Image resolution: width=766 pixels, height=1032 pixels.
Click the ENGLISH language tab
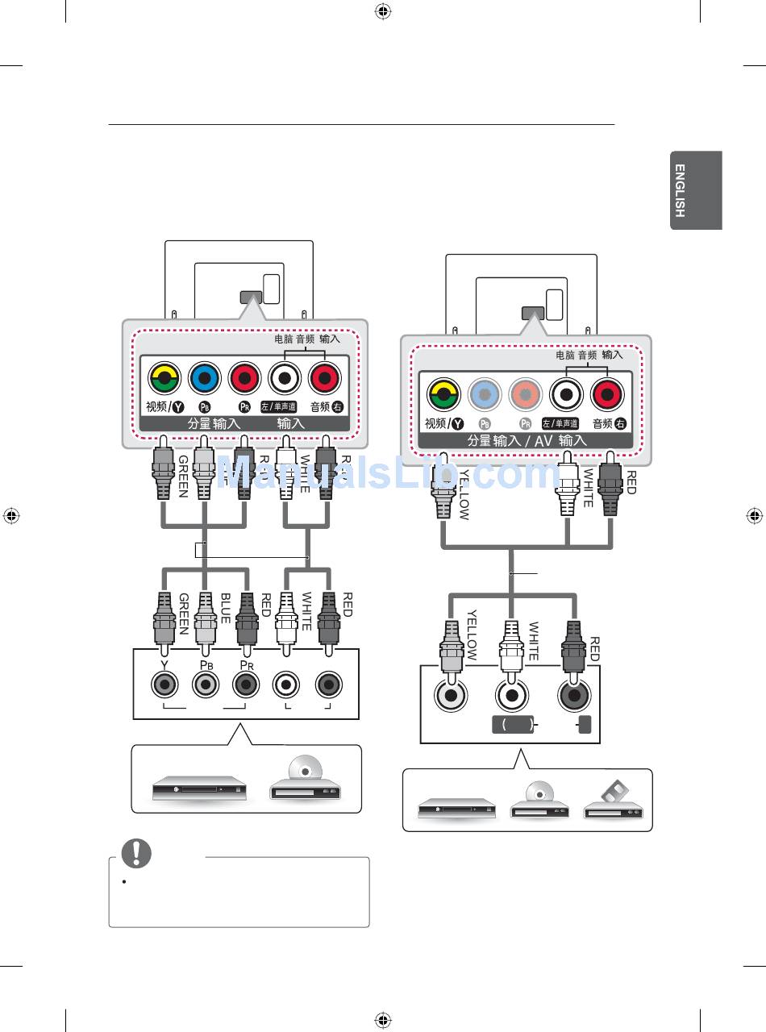(x=695, y=190)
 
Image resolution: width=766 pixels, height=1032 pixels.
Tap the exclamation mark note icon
(x=136, y=853)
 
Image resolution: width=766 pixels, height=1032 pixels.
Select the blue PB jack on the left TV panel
(x=205, y=377)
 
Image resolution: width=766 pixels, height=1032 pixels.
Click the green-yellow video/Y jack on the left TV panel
(x=164, y=377)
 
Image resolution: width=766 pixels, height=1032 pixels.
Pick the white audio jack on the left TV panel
(x=285, y=377)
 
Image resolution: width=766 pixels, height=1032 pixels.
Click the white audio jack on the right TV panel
(x=566, y=394)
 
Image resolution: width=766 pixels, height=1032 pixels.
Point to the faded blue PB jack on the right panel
(x=485, y=394)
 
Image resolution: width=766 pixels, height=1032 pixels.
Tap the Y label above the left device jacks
(x=164, y=664)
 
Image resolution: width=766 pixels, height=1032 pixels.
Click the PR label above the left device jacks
(x=246, y=664)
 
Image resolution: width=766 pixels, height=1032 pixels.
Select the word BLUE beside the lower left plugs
(x=226, y=614)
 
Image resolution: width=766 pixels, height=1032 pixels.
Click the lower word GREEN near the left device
(x=183, y=614)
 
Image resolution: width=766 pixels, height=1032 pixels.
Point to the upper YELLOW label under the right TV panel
(x=464, y=493)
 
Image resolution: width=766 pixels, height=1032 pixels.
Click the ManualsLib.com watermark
(x=387, y=474)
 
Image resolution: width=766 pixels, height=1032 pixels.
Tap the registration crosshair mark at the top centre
(x=383, y=11)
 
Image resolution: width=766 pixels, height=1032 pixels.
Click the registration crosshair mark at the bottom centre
(x=383, y=1020)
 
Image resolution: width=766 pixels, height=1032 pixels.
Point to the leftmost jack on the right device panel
(x=451, y=695)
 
